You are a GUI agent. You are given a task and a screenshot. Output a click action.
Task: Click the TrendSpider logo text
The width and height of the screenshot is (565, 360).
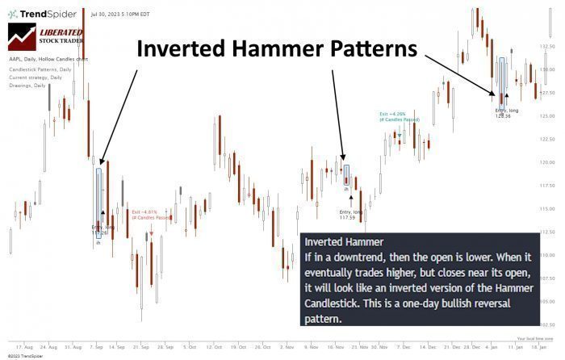[x=48, y=14]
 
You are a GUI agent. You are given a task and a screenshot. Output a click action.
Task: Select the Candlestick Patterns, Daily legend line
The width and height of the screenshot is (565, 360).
[x=41, y=69]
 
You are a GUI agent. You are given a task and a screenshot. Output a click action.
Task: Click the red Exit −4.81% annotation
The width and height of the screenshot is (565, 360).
[x=150, y=215]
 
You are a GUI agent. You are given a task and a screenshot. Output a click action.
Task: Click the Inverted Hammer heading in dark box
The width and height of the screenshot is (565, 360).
[x=343, y=241]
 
